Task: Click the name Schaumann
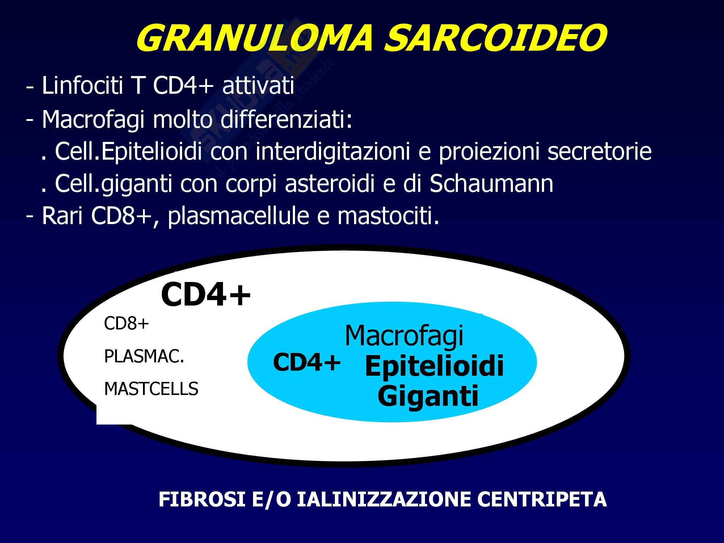pos(491,184)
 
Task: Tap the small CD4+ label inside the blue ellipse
pos(307,362)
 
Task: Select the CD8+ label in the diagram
pos(127,323)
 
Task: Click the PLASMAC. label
pos(144,357)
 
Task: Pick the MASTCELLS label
pos(151,389)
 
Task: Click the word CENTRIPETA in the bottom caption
pos(542,499)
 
